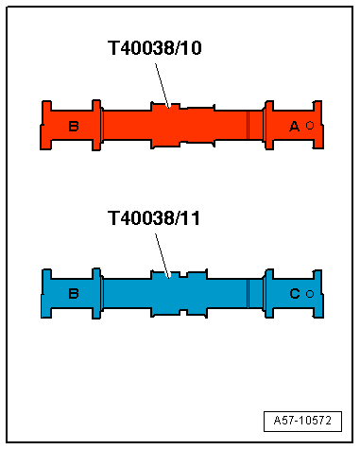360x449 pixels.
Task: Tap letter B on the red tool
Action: (x=74, y=126)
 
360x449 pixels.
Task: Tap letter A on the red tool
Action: (x=294, y=126)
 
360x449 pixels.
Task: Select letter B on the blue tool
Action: (x=74, y=294)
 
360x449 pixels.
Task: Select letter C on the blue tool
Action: (x=294, y=294)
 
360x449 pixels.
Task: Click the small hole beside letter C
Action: (x=310, y=294)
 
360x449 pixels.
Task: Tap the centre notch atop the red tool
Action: (x=171, y=107)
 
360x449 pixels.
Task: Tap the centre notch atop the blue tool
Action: (x=171, y=276)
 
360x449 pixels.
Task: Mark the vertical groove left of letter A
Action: (x=249, y=126)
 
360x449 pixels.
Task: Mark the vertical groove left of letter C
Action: (x=249, y=294)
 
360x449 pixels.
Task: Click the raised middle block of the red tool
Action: (x=165, y=126)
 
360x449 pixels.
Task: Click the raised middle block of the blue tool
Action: (x=165, y=294)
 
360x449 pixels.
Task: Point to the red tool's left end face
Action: (x=43, y=126)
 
